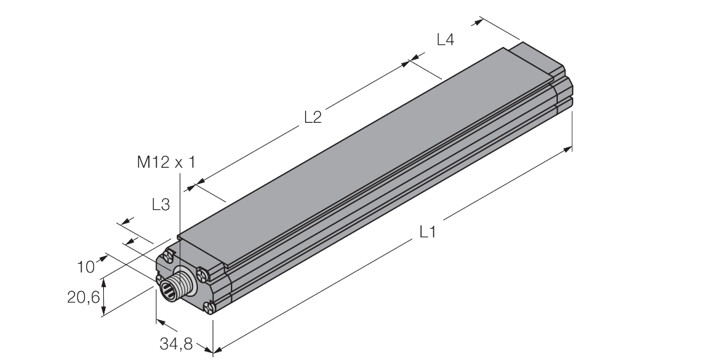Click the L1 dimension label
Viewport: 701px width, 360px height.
pos(427,232)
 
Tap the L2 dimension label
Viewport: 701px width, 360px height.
pos(313,118)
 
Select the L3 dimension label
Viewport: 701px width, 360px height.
pos(161,205)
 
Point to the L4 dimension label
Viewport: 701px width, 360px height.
pos(446,40)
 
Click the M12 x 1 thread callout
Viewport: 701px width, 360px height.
pos(166,162)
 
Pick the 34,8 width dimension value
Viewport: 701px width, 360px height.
pos(175,344)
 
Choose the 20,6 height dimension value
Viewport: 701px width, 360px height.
pos(84,298)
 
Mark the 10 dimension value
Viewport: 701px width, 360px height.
pos(86,267)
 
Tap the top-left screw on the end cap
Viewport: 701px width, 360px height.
pos(168,256)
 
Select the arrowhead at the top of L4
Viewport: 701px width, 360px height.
pos(479,20)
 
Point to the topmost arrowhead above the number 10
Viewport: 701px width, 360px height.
pos(128,220)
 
